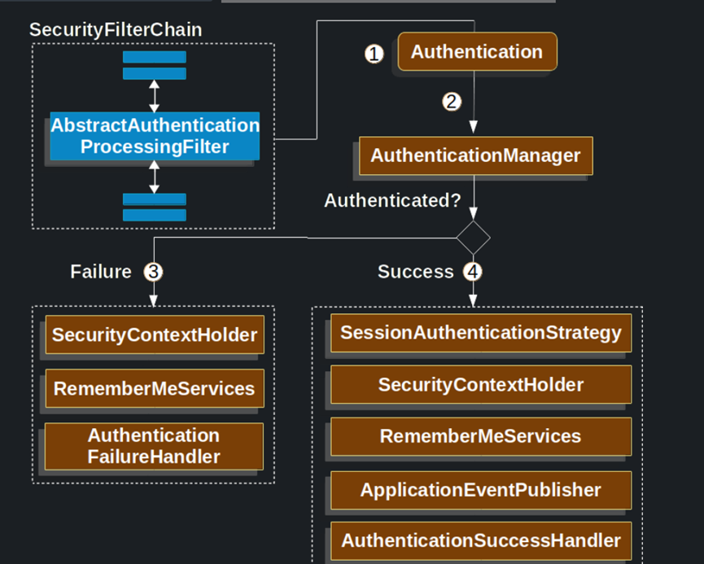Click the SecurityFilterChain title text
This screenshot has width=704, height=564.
(x=116, y=30)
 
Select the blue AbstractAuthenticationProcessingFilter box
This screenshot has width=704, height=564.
(x=155, y=136)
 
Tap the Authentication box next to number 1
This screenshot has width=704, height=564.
(x=476, y=52)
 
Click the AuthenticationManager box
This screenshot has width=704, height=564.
(x=475, y=155)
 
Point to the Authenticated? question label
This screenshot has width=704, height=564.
(x=392, y=200)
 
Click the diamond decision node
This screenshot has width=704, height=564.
(x=473, y=238)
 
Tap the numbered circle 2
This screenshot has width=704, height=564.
(x=452, y=102)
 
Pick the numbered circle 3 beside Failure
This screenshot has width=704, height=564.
(x=153, y=272)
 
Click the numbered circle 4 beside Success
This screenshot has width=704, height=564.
(x=473, y=272)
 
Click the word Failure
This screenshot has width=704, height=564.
(x=101, y=272)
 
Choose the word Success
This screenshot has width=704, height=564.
(x=415, y=272)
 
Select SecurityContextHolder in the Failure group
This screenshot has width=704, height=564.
(x=155, y=334)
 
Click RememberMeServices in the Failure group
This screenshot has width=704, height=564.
(x=155, y=389)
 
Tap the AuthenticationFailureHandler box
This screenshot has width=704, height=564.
(x=155, y=446)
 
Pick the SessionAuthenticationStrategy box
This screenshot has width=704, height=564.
(x=480, y=333)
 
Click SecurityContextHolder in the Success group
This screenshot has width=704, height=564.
(x=480, y=385)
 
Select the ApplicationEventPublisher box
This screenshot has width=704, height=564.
(x=480, y=490)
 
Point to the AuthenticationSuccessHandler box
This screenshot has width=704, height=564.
(x=480, y=540)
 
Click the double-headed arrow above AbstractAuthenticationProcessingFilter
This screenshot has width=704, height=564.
(x=155, y=95)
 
